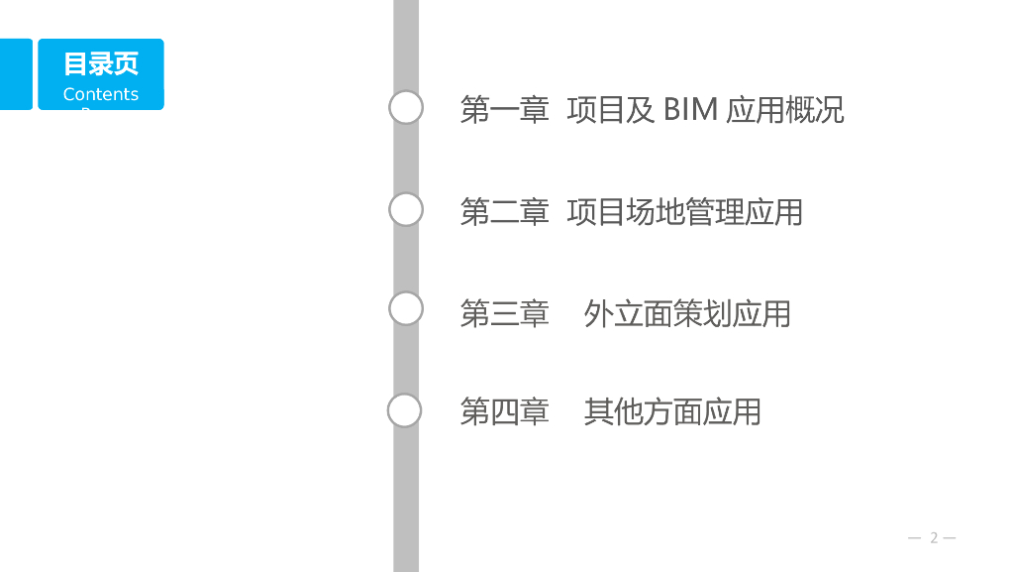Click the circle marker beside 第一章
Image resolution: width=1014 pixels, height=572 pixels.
point(406,107)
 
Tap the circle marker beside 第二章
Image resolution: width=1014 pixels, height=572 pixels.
point(406,209)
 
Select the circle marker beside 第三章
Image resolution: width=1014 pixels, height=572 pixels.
point(406,308)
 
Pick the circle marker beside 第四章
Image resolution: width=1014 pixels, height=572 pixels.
point(404,409)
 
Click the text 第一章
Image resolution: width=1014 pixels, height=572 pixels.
point(504,109)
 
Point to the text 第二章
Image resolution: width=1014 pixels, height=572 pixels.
point(504,211)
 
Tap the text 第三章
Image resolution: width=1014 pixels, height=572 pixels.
point(504,313)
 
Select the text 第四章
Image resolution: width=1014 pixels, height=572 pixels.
point(504,410)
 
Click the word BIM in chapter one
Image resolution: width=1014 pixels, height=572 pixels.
point(690,109)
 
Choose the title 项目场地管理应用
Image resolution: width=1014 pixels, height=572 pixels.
point(684,211)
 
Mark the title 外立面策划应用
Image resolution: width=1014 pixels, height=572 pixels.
point(687,313)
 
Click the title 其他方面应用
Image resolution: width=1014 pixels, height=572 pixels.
point(672,410)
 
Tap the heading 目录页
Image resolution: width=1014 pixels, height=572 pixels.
point(101,63)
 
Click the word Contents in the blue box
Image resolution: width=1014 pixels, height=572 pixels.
point(101,94)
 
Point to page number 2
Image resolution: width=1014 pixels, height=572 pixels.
point(933,537)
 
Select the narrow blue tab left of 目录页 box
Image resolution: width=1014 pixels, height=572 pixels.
point(16,73)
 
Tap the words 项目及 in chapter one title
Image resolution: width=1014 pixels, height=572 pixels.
point(611,109)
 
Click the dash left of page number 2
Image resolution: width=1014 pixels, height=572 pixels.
point(915,537)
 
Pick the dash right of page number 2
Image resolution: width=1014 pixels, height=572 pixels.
point(950,537)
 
